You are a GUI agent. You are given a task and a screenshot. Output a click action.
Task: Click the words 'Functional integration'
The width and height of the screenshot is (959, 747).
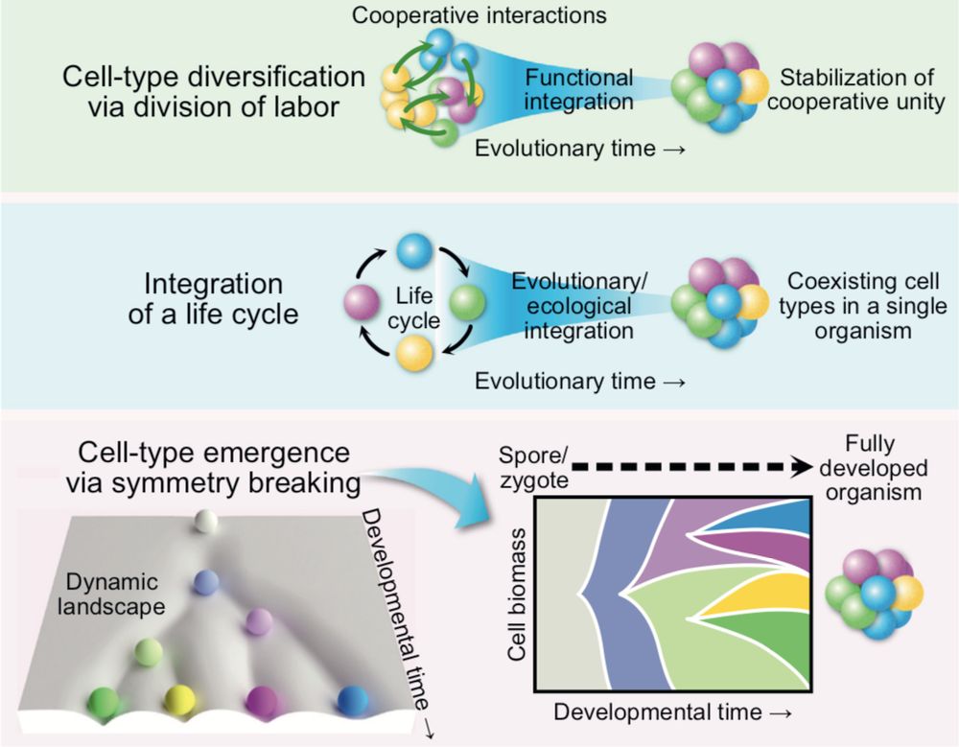pyautogui.click(x=578, y=88)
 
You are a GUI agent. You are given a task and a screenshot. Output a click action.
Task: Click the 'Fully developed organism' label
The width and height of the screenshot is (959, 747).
pyautogui.click(x=886, y=469)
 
